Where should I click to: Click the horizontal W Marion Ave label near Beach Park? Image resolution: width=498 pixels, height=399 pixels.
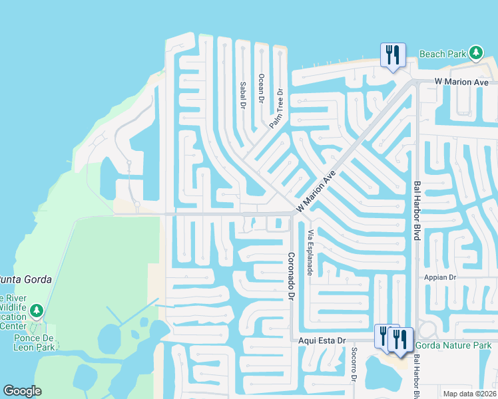coord(461,82)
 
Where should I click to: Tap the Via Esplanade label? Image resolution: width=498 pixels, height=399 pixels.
coord(310,253)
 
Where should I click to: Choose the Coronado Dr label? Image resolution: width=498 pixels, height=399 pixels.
coord(291,275)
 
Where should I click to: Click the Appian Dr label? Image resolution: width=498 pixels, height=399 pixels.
coord(440,277)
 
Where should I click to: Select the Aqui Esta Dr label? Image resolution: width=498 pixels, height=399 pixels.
coord(323,340)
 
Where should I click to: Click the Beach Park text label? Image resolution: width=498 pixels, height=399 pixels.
coord(441,53)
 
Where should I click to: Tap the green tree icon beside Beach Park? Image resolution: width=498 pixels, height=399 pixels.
coord(475,53)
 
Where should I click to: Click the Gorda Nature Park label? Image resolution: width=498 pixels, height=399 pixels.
coord(453,345)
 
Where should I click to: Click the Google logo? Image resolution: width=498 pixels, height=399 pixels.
coord(22,391)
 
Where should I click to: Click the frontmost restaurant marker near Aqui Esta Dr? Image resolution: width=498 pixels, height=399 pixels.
coord(400,338)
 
